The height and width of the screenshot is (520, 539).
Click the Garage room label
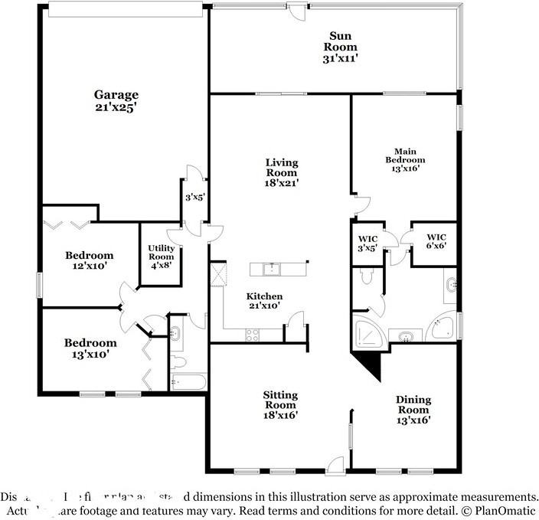[116, 101]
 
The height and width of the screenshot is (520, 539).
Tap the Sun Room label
[341, 45]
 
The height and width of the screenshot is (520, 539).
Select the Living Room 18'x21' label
[282, 172]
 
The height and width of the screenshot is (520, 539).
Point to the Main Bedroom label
[405, 159]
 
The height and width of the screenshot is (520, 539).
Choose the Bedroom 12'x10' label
[89, 260]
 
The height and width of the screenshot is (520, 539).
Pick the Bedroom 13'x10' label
[90, 348]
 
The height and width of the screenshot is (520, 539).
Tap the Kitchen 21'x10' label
[264, 301]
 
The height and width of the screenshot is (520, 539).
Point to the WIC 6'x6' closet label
[436, 241]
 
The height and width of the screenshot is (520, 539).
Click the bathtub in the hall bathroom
[188, 381]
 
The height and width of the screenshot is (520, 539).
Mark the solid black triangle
[371, 363]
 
